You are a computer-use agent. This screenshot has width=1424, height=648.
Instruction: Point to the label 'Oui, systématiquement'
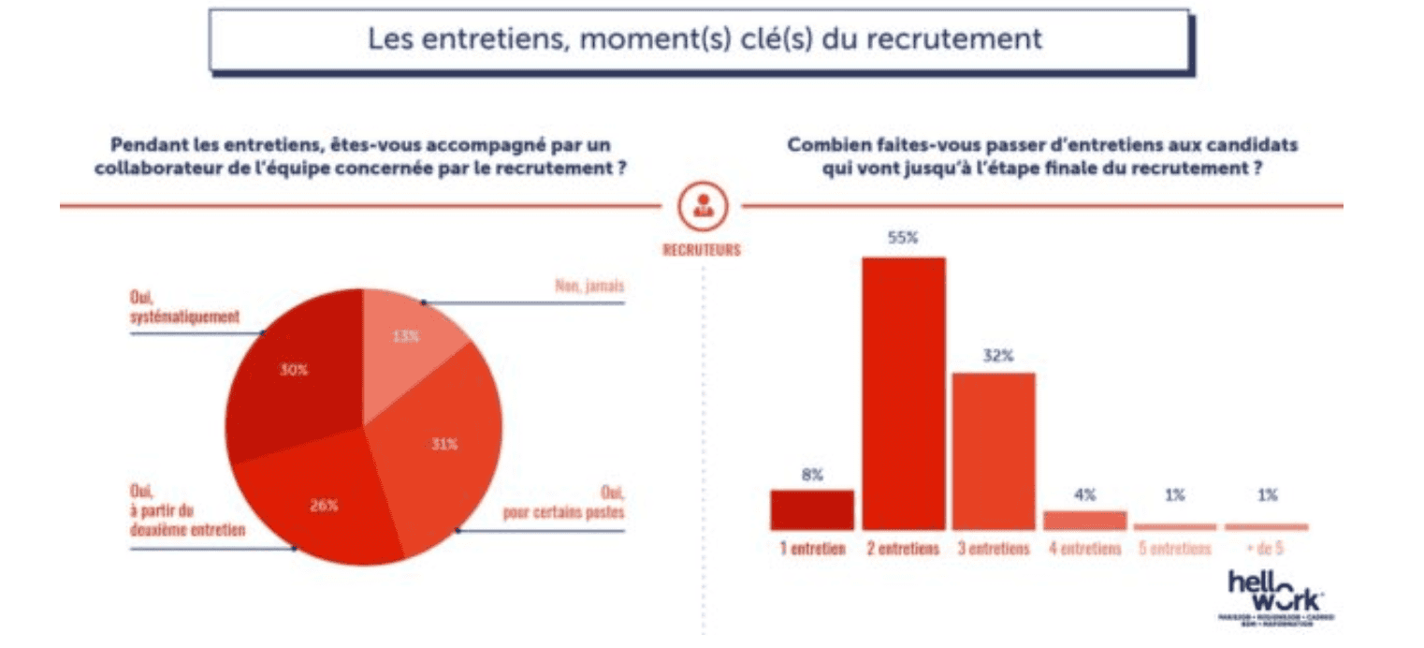tap(183, 308)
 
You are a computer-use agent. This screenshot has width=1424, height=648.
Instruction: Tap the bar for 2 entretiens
tap(903, 393)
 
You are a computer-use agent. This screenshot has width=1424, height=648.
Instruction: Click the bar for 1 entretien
tap(812, 510)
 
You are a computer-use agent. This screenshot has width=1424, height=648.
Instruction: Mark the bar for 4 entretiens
tap(1084, 521)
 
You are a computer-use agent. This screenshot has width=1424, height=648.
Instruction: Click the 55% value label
tap(903, 238)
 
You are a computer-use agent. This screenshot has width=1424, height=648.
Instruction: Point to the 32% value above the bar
tap(994, 355)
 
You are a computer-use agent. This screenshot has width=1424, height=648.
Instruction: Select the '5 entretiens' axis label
tap(1175, 550)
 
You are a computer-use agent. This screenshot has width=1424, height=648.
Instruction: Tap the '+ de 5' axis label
tap(1266, 550)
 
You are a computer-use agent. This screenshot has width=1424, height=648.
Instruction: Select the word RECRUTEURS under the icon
tap(702, 250)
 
